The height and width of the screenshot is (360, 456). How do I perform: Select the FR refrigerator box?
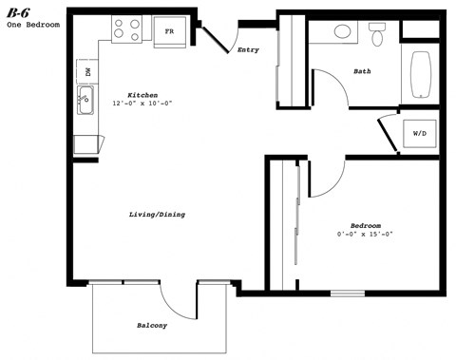(x=169, y=31)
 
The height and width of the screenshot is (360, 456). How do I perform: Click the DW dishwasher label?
(x=87, y=71)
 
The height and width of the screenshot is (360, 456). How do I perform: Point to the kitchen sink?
(x=85, y=99)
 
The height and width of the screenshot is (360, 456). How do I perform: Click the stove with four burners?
(x=126, y=30)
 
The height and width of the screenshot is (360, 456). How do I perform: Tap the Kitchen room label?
(x=142, y=95)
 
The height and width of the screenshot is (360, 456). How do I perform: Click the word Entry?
(x=248, y=49)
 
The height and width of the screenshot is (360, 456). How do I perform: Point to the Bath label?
(x=362, y=71)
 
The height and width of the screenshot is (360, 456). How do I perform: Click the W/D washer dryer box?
(x=419, y=134)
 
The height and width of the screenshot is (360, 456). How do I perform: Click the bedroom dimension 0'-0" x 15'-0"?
(x=365, y=234)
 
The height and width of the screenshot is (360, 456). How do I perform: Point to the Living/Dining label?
(x=157, y=215)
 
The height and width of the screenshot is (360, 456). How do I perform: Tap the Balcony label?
(x=151, y=326)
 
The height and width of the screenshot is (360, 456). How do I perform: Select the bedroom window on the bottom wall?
(x=348, y=292)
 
